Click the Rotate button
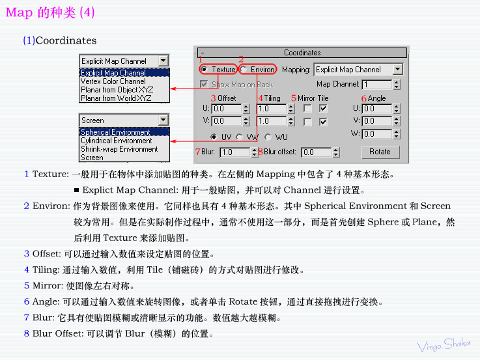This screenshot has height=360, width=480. coord(380,152)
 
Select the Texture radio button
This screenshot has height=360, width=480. coord(204,70)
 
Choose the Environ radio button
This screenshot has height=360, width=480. coord(243,70)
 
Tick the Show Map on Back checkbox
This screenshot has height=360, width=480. coord(204,84)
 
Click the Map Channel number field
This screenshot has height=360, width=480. coord(377,85)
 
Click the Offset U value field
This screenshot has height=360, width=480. coord(227,109)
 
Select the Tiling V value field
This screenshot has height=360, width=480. coord(272,121)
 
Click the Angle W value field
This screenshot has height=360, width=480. coord(377,134)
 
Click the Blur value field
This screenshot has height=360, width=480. coord(235,152)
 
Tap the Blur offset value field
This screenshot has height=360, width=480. coord(317,152)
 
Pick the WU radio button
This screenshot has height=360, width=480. coord(268,137)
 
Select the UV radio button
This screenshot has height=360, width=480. coord(214,137)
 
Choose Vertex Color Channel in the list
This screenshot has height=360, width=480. coord(113,81)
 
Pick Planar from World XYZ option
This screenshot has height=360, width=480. coord(116,98)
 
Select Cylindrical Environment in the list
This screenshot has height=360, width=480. coord(117,141)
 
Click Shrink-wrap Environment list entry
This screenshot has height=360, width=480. coord(119,149)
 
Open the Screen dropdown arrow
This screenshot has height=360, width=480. coord(163,120)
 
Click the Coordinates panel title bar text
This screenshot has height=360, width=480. coord(302,53)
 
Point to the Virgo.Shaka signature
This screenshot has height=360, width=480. coord(444,345)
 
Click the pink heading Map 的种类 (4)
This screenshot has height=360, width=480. coord(50,12)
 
